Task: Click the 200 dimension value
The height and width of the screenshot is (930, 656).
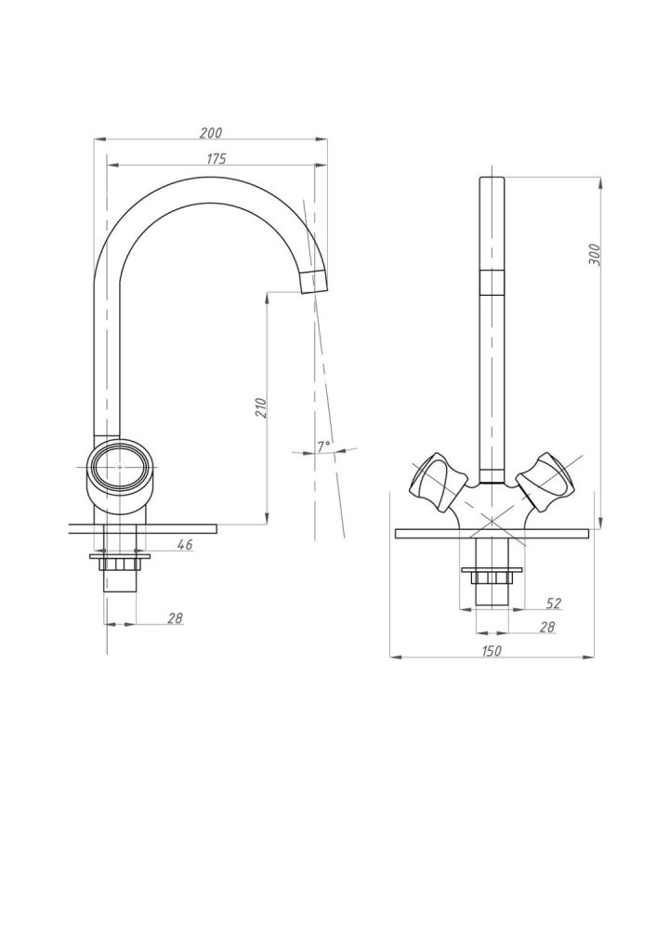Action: click(213, 133)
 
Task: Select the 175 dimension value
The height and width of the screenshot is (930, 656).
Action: click(216, 159)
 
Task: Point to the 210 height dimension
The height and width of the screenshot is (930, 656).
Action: click(261, 407)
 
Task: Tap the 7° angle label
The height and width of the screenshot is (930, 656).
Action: click(323, 446)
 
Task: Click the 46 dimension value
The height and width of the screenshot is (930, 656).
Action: click(184, 545)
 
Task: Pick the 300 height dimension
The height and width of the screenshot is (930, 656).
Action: click(595, 254)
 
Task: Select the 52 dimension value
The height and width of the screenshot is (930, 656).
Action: click(555, 604)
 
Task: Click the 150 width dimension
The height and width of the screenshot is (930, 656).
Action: click(492, 651)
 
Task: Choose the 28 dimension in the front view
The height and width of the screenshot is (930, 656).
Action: click(547, 627)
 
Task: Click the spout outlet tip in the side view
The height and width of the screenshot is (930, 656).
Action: click(315, 279)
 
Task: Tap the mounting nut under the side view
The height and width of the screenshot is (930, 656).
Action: click(120, 564)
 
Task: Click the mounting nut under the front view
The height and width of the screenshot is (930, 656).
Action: click(492, 577)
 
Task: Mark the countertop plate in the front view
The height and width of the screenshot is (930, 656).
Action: click(492, 533)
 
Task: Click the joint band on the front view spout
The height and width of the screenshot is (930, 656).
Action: click(492, 280)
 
